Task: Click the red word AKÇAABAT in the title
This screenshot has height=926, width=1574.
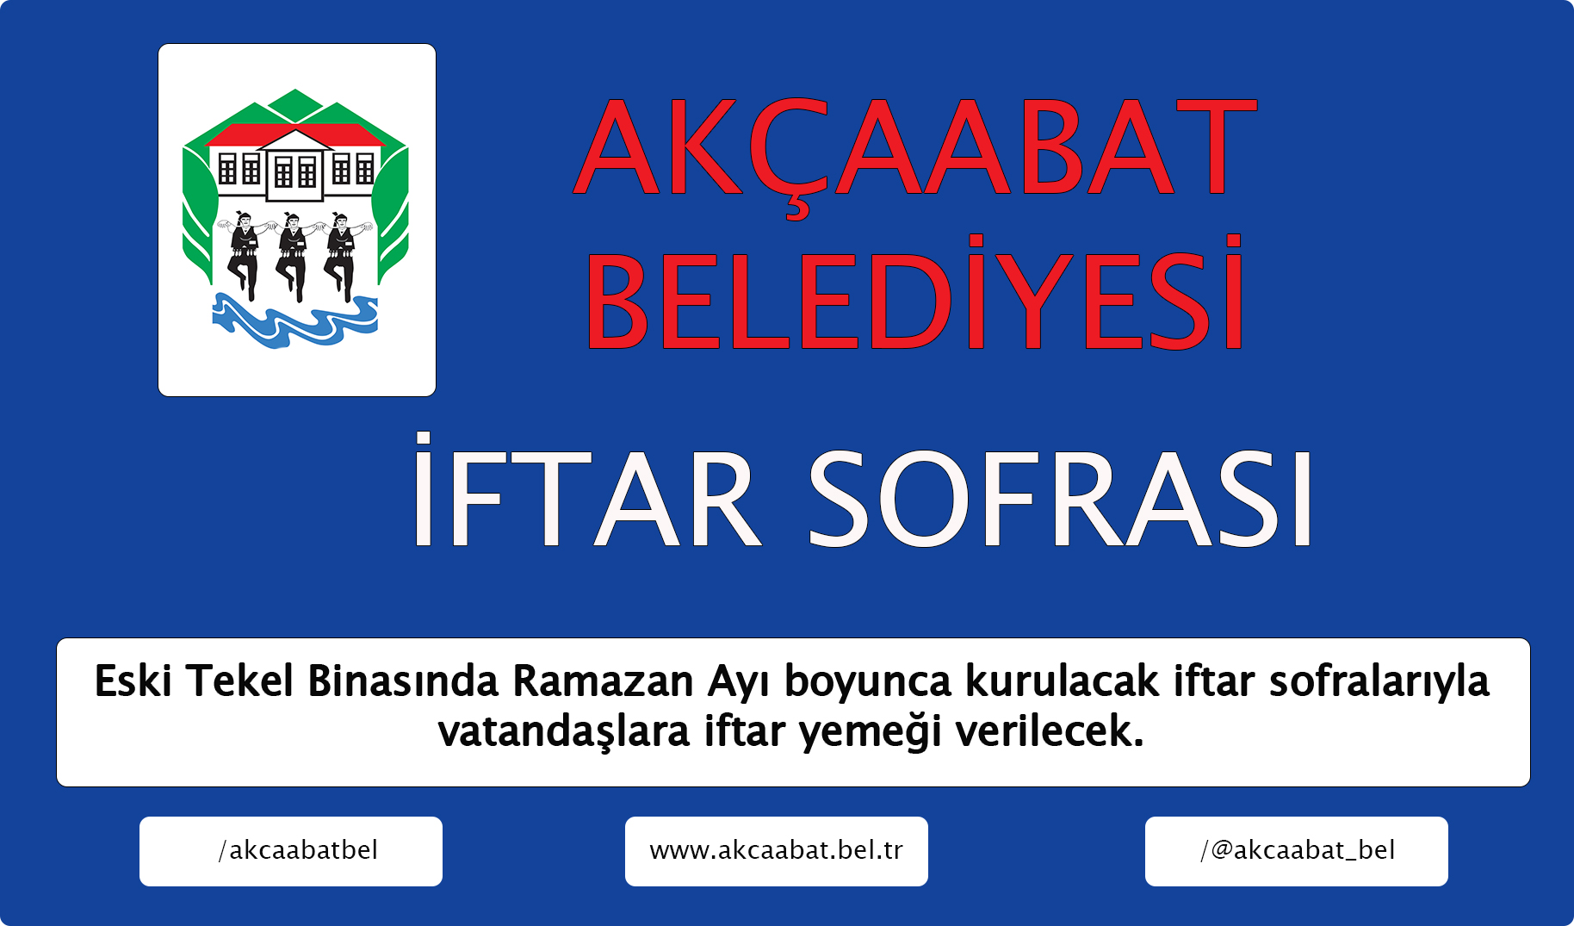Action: [915, 155]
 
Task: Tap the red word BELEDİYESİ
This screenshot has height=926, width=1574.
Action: [914, 293]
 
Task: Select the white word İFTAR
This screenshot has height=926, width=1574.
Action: [586, 490]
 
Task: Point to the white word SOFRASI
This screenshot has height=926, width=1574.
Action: [1060, 499]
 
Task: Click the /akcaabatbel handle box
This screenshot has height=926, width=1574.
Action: [291, 851]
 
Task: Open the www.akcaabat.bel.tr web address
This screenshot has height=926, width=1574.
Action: [777, 851]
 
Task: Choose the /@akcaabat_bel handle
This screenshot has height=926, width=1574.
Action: [1297, 851]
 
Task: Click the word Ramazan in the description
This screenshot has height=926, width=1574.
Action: [604, 681]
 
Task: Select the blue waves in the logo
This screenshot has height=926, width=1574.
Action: [295, 320]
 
